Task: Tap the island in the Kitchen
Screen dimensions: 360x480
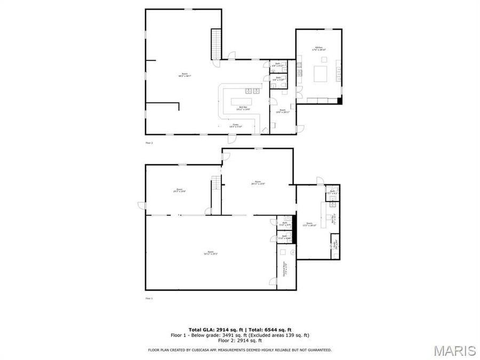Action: coord(321,73)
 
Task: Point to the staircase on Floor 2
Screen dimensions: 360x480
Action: coord(216,44)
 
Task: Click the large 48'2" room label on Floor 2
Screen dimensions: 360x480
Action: coord(185,75)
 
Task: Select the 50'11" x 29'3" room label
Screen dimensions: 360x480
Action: coord(211,253)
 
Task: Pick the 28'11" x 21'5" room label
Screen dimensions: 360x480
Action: coord(258,182)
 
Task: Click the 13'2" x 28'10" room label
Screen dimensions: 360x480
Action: coord(310,225)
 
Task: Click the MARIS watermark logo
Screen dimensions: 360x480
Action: coord(454,351)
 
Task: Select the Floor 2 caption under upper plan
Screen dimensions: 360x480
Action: coord(149,143)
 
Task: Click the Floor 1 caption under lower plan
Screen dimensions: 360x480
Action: coord(149,299)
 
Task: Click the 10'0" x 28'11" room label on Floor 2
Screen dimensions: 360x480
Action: coord(283,112)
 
